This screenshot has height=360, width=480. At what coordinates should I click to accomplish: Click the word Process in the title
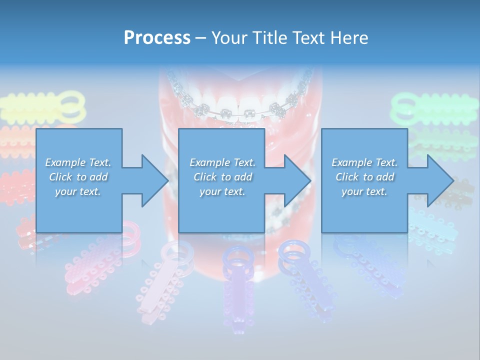pyautogui.click(x=157, y=37)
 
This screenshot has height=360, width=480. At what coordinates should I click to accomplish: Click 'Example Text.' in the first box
pyautogui.click(x=78, y=162)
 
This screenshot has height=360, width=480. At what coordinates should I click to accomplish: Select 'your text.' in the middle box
pyautogui.click(x=222, y=191)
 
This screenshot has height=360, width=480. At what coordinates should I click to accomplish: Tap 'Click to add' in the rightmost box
pyautogui.click(x=364, y=177)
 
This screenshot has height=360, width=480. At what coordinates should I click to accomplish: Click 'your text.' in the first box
pyautogui.click(x=78, y=191)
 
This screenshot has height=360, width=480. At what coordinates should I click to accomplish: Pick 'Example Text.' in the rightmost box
pyautogui.click(x=364, y=162)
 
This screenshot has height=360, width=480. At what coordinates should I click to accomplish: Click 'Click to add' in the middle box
pyautogui.click(x=222, y=177)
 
